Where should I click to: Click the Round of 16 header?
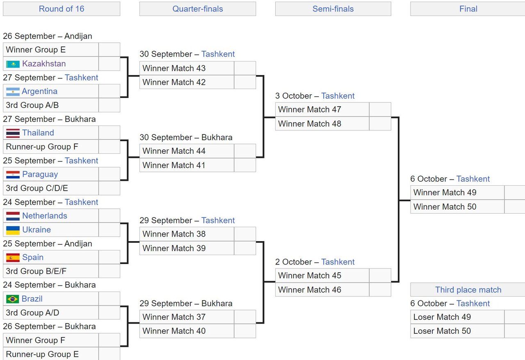pos(62,9)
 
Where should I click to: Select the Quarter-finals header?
pos(198,9)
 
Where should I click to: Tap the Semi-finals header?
pos(333,9)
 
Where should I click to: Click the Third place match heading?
pos(468,290)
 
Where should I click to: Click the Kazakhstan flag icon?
pos(13,64)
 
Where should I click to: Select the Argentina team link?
pos(40,91)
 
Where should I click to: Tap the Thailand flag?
pos(13,133)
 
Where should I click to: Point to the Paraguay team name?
pos(40,174)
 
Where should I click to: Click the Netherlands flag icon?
pos(13,216)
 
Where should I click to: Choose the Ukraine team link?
pos(37,230)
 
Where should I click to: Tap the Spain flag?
pos(13,257)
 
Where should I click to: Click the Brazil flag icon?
pos(13,299)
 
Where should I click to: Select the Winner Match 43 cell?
pos(187,68)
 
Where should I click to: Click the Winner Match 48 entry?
pos(322,123)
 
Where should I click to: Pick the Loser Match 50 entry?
pos(457,331)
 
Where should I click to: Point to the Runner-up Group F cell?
pos(51,147)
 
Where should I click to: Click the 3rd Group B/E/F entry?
pos(51,271)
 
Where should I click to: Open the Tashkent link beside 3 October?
pos(338,96)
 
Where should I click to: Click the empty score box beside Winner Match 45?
pos(380,276)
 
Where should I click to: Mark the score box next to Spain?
pos(109,257)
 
